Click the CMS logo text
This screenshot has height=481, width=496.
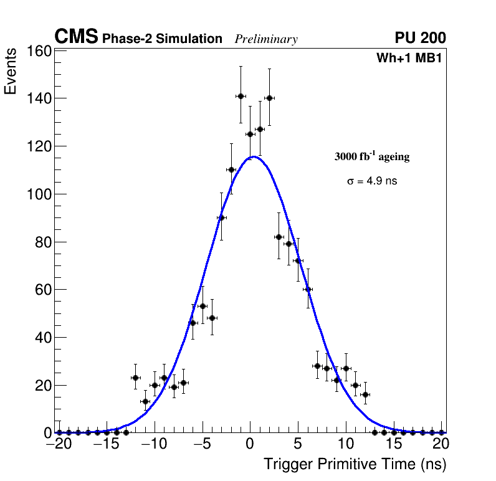(76, 37)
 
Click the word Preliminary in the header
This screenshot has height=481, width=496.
(266, 39)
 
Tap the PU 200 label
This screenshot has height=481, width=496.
(420, 38)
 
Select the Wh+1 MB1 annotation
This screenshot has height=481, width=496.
(409, 59)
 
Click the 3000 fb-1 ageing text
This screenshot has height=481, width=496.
(372, 156)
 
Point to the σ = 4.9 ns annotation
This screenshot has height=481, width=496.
(372, 181)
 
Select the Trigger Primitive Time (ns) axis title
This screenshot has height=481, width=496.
(355, 464)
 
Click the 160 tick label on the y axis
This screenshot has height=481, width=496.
(38, 51)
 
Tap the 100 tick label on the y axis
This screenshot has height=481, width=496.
(38, 194)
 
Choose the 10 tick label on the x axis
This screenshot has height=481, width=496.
(346, 444)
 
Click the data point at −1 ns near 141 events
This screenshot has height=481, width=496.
(241, 96)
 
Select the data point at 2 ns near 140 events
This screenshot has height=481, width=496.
(269, 98)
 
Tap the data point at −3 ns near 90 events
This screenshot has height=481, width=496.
(221, 217)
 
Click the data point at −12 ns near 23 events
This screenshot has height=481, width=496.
(135, 378)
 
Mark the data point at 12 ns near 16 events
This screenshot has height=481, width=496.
(365, 394)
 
